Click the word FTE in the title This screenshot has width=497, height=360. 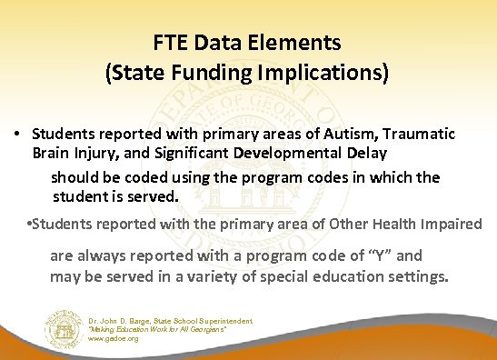168,43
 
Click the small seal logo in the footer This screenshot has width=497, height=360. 64,329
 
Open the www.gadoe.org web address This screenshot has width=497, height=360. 114,339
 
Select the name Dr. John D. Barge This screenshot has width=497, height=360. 124,321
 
